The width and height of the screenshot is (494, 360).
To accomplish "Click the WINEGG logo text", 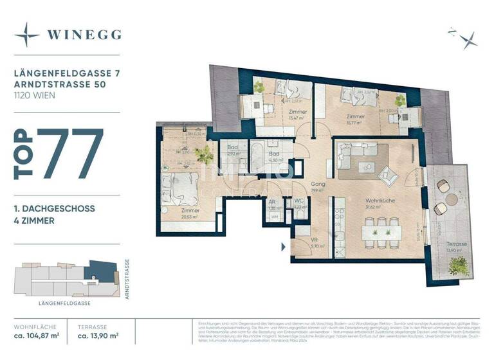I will tap(83, 35).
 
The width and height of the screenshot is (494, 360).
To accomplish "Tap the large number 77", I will tap(71, 154).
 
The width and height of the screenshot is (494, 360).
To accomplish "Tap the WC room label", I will tap(298, 201).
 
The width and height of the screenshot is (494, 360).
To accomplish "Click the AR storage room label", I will tap(273, 201).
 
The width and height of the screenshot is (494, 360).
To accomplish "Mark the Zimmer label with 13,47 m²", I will tap(297, 113).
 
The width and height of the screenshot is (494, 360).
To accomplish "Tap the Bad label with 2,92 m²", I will tap(233, 147).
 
